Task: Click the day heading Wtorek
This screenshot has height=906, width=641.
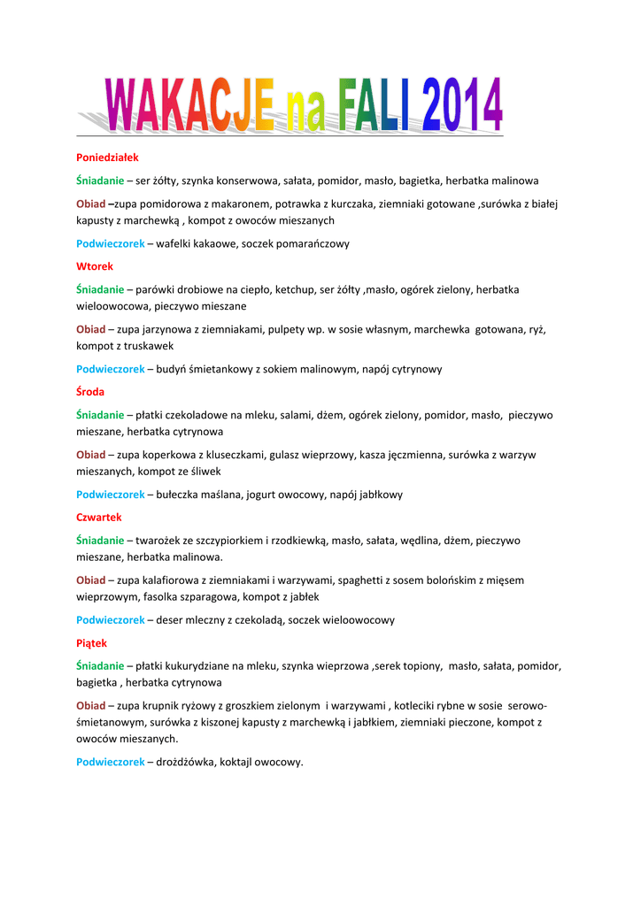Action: tap(95, 265)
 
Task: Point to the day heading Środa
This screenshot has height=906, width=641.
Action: tap(91, 391)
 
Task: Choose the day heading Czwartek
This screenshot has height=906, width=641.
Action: tap(99, 517)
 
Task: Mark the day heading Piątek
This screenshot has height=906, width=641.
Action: tap(92, 643)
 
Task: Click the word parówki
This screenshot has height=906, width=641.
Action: tap(157, 289)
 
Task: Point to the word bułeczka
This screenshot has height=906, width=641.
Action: tap(181, 495)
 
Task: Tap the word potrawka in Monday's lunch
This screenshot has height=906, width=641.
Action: tap(301, 203)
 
